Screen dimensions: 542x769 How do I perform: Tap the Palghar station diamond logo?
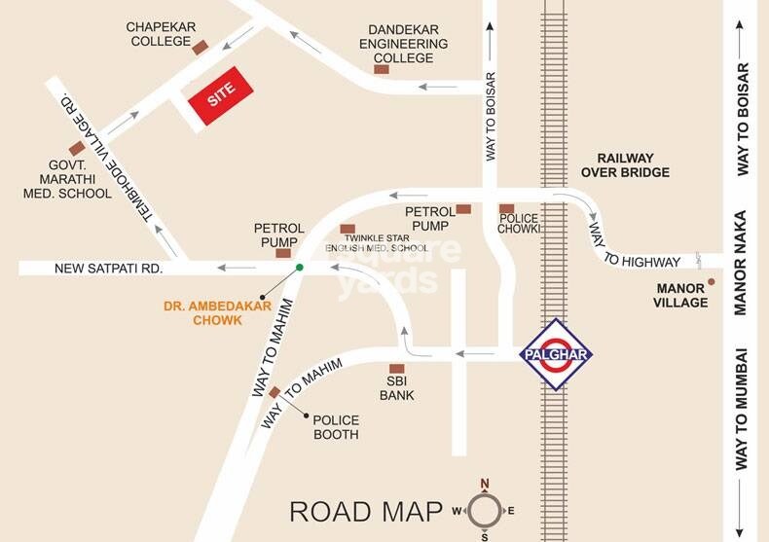(554, 354)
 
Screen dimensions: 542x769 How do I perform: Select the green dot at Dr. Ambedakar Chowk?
(300, 267)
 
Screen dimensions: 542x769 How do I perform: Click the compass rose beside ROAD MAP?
(485, 510)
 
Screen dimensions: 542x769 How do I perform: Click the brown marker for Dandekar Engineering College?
(382, 70)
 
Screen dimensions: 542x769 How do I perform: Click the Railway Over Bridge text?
(625, 165)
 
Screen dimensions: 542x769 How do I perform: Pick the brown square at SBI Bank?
(396, 369)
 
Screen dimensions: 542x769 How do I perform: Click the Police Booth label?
(336, 426)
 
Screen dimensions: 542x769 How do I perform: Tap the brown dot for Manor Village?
(712, 282)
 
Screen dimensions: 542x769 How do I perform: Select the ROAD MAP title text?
(364, 511)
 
